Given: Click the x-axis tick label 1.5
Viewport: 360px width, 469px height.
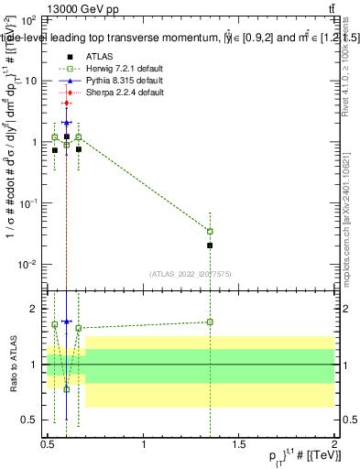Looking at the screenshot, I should (x=239, y=444).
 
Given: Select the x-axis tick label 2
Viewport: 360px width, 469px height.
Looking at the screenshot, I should (x=334, y=444).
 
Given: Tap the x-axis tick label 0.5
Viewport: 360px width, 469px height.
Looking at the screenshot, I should (x=48, y=444).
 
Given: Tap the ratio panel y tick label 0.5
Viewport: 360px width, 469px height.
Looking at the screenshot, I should (x=32, y=420).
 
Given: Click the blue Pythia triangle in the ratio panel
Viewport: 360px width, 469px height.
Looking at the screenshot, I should (x=66, y=322).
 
